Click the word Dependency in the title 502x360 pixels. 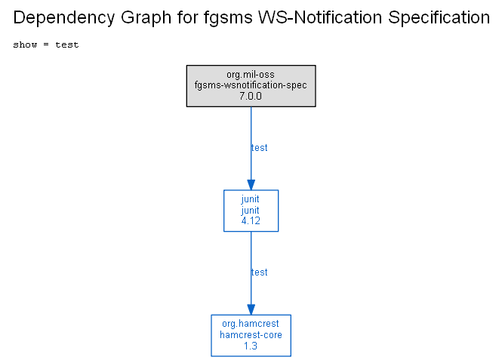(x=63, y=18)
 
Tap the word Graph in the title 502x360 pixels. (x=146, y=18)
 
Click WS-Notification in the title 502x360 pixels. (x=320, y=17)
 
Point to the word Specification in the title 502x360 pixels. (x=439, y=18)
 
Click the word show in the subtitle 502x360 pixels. (x=25, y=45)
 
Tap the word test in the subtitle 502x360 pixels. (x=67, y=45)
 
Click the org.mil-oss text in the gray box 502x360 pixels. (x=251, y=75)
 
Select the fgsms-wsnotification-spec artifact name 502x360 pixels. (x=251, y=85)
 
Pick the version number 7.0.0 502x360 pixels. (x=251, y=96)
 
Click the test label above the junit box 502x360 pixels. (x=260, y=147)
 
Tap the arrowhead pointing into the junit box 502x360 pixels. (x=251, y=185)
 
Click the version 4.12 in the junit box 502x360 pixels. (x=251, y=221)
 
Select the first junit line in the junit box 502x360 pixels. (x=250, y=199)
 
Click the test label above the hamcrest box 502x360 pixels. (x=260, y=272)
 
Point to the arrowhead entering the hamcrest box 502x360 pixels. (x=251, y=309)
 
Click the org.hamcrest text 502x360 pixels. (x=251, y=324)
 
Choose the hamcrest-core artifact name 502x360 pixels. (x=251, y=335)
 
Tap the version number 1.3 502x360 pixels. (x=251, y=346)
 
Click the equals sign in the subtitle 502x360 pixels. (x=46, y=45)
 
